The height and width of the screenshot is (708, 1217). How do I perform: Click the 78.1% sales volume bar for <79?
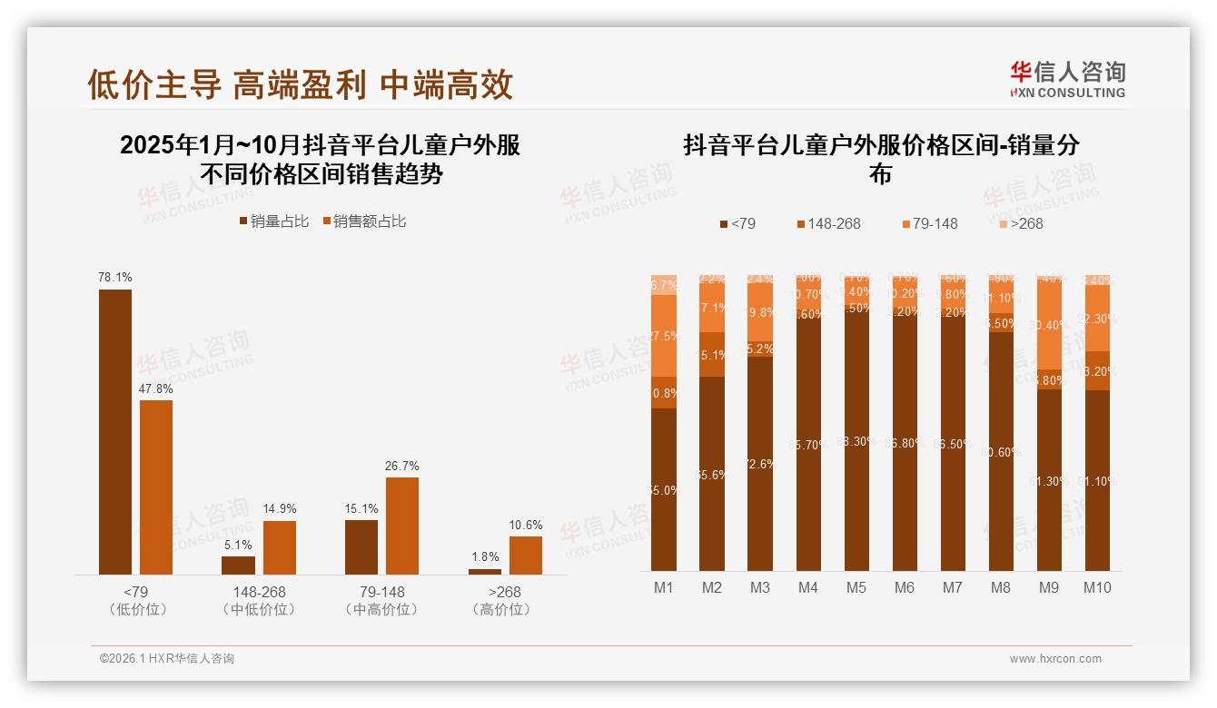[x=115, y=432]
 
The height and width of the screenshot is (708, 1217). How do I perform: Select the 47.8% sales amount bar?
[x=156, y=487]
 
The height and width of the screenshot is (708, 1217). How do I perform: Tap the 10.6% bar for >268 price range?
[x=525, y=556]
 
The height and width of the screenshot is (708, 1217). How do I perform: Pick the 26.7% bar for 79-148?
[x=402, y=526]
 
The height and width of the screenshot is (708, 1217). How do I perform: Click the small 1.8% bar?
[x=485, y=572]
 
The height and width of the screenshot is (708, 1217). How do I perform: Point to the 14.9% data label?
[x=279, y=509]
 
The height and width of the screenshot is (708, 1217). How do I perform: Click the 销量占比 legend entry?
[x=273, y=221]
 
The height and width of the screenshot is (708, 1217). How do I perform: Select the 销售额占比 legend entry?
[x=364, y=221]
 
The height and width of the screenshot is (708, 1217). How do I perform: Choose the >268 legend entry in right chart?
[x=1022, y=223]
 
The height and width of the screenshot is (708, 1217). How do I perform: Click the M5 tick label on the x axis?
[x=856, y=587]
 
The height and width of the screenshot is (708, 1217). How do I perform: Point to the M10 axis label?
[x=1097, y=587]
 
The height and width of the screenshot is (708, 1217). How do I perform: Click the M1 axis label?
[x=664, y=587]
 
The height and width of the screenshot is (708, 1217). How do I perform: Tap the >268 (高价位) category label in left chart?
[x=500, y=601]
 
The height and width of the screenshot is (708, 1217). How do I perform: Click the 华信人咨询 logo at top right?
[x=1067, y=79]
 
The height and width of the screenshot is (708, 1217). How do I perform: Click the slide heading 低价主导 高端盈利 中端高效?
[x=301, y=84]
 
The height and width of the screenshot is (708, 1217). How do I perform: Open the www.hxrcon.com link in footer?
[x=1055, y=659]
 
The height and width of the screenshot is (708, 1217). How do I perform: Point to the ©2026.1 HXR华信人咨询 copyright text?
[x=167, y=659]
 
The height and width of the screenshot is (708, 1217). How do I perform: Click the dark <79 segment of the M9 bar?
[x=1049, y=481]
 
